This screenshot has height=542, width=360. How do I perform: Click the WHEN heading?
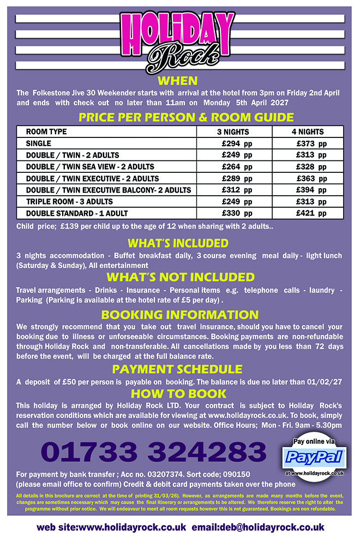click(177, 81)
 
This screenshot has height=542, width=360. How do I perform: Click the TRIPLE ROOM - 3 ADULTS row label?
click(69, 201)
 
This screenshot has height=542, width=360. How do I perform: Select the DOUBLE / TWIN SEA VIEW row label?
click(90, 166)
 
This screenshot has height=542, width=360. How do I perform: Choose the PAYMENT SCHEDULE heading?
click(177, 369)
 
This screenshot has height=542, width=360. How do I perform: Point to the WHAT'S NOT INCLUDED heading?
click(180, 277)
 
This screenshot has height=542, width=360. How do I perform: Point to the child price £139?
click(70, 226)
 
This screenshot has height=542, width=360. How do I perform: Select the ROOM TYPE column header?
click(46, 131)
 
